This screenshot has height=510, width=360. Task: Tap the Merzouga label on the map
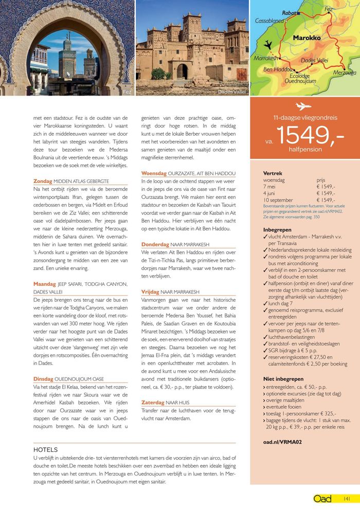pos(345,73)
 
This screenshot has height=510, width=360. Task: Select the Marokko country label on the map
pos(307,38)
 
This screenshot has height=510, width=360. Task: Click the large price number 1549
pos(310,136)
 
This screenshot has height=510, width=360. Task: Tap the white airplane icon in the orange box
pos(304,106)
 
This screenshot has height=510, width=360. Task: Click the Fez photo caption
pos(127,92)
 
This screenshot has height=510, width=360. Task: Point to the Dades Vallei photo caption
pos(232,92)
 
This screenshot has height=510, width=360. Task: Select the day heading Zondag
pos(43,181)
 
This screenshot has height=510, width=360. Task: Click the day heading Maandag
pos(44,283)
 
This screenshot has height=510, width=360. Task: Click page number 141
pos(347,498)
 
